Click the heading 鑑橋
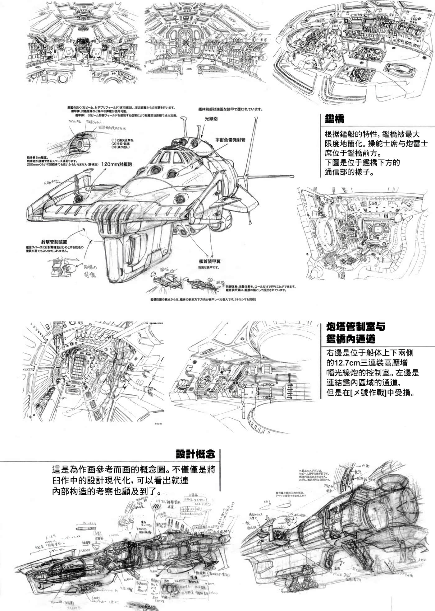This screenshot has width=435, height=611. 334,119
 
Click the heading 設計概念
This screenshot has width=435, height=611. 195,454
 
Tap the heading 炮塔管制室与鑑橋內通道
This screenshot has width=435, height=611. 355,332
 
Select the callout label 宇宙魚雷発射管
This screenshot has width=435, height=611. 230,140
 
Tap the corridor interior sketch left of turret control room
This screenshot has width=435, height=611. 93,370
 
